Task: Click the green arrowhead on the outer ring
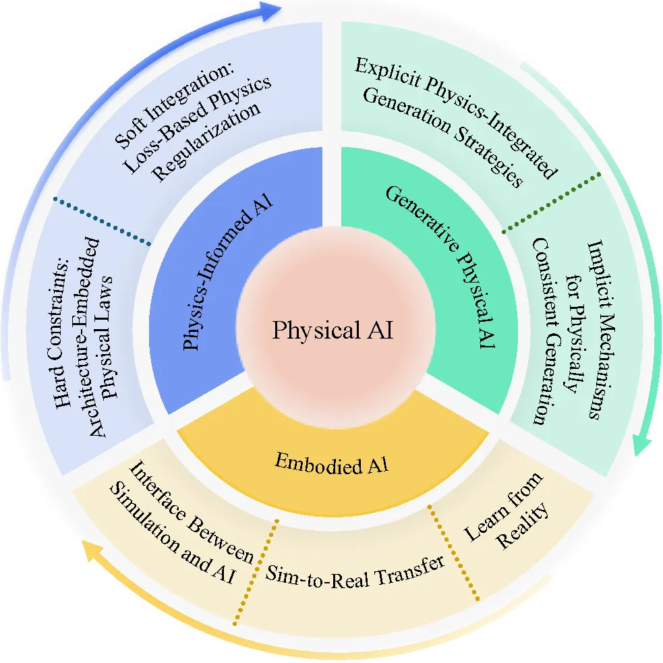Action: (643, 445)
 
